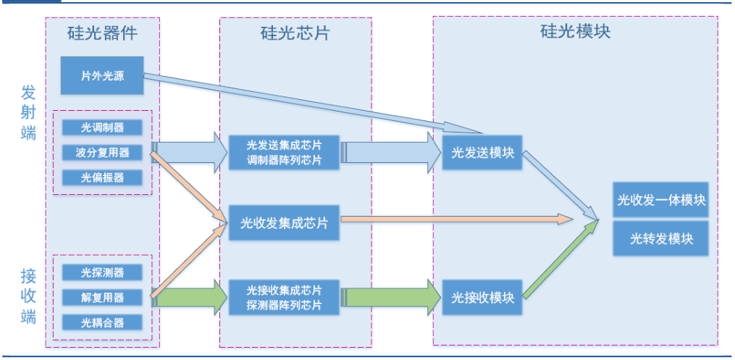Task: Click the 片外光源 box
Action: (102, 75)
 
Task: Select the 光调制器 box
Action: (102, 127)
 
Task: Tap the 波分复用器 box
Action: (102, 152)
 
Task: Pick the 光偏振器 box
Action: (102, 177)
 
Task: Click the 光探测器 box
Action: (102, 272)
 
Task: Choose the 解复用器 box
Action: (102, 297)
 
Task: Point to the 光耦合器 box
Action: (102, 322)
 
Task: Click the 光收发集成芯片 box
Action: (284, 223)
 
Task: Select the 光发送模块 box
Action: (482, 152)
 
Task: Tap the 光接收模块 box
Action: (482, 297)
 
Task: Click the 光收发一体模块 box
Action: (660, 200)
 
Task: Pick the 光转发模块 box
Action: (660, 238)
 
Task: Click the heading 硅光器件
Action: (102, 33)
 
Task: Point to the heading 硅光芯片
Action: (295, 33)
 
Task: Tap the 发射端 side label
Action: (28, 113)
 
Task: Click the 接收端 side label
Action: (28, 296)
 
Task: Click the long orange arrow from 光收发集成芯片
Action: (456, 217)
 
